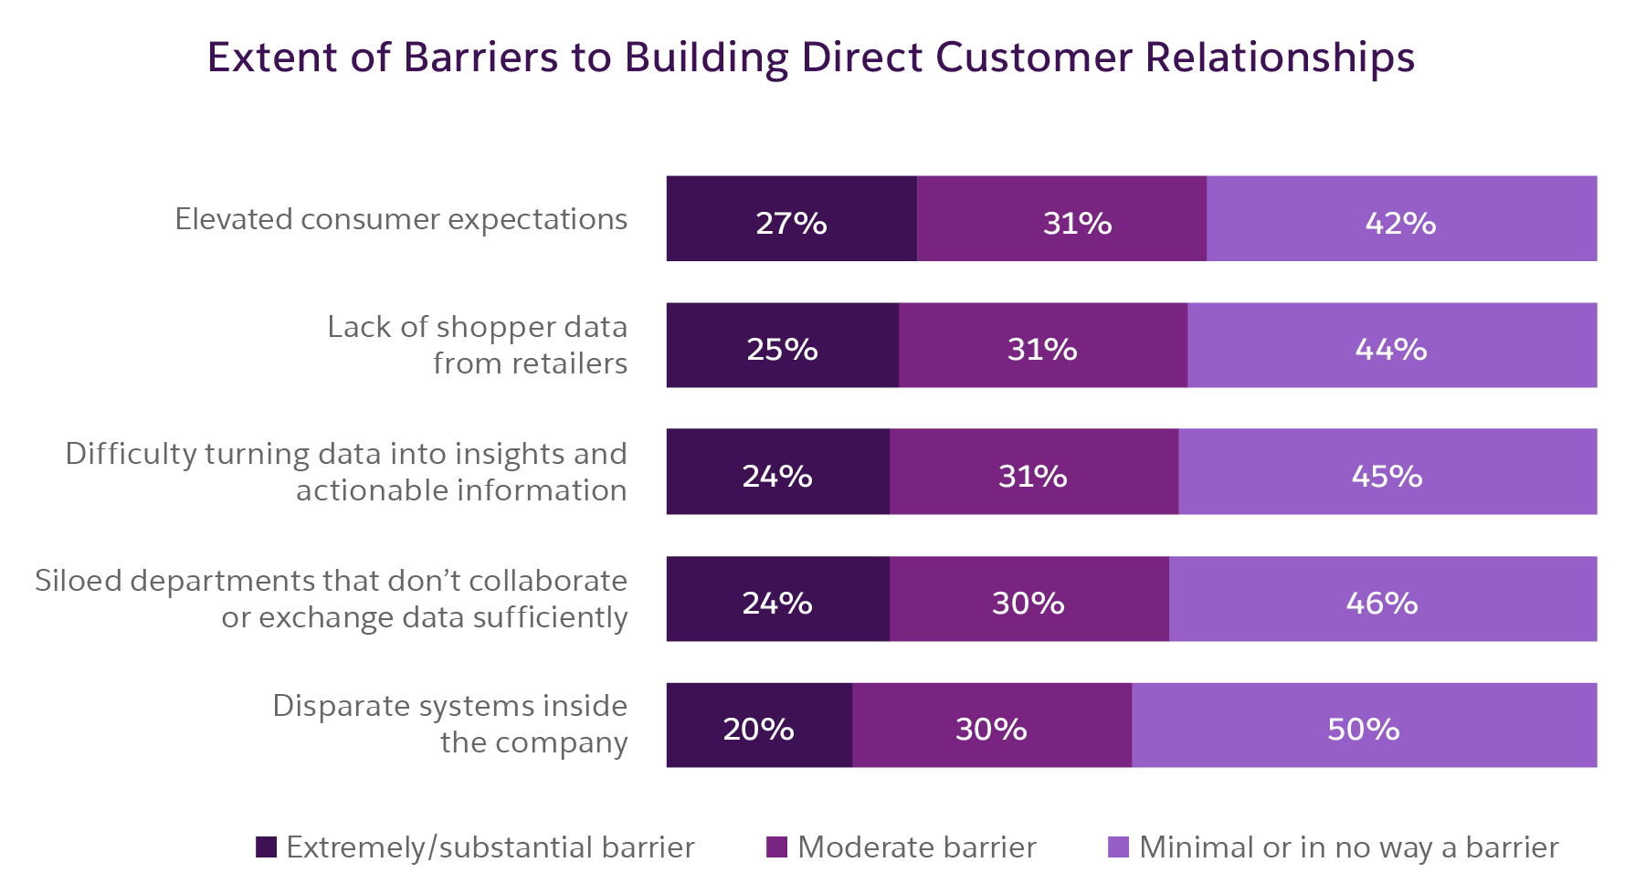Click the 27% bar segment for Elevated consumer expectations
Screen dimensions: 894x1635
point(791,219)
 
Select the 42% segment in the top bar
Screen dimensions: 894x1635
point(1401,219)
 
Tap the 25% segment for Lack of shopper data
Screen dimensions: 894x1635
point(782,345)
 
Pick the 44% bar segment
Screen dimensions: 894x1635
point(1391,345)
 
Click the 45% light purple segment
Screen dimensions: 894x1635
point(1387,472)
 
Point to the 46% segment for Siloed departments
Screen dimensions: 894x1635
point(1382,599)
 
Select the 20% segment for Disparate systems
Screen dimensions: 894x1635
point(758,725)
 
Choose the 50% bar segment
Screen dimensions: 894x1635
point(1364,725)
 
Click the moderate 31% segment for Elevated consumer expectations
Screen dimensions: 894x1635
point(1061,219)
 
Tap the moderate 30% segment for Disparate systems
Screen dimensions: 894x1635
point(991,725)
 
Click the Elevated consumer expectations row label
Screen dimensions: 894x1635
point(401,220)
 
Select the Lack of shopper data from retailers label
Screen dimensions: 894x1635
point(477,345)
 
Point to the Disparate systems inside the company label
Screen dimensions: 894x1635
point(449,724)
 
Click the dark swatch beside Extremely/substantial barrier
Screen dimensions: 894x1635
point(266,847)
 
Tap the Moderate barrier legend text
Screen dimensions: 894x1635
point(916,847)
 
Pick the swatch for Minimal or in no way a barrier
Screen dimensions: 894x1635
point(1118,847)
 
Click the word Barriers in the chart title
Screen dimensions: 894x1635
point(480,58)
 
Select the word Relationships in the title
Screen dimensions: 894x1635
point(1280,58)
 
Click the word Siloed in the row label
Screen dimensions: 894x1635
point(79,581)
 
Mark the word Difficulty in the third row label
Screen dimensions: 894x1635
point(130,454)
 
